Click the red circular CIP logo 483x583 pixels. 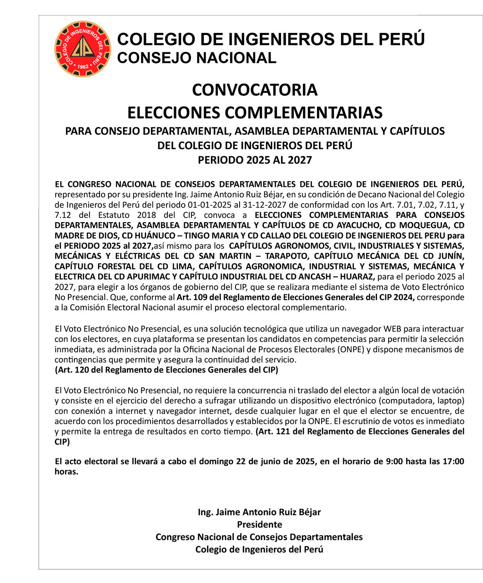click(x=83, y=49)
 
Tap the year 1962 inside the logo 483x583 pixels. click(x=83, y=67)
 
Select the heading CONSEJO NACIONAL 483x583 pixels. click(x=196, y=58)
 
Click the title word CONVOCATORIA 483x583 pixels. click(x=255, y=90)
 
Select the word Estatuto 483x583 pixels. click(x=113, y=215)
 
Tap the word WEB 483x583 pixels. click(x=391, y=328)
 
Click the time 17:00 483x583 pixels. click(x=453, y=461)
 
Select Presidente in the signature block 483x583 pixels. click(x=259, y=525)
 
